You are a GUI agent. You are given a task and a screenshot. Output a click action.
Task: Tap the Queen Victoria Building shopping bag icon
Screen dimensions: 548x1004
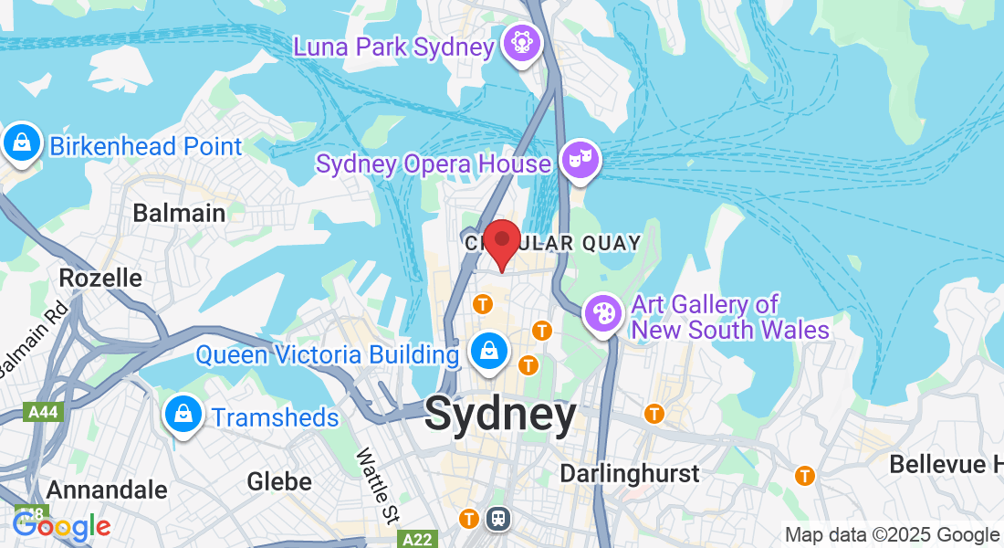pos(489,351)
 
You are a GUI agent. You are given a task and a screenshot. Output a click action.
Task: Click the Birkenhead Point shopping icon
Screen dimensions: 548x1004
pos(20,143)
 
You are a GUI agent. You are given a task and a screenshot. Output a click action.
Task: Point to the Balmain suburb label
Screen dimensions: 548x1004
pos(179,214)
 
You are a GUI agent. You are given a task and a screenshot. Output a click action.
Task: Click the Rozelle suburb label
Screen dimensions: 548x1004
pos(100,278)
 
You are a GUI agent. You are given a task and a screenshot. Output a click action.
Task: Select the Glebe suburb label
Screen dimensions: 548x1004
pos(279,481)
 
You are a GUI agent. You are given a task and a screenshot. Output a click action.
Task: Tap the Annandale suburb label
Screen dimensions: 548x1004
pos(107,490)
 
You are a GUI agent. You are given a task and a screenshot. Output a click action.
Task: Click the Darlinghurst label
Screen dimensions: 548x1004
pos(630,474)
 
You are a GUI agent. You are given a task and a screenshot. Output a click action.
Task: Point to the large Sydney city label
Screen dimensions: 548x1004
pos(501,416)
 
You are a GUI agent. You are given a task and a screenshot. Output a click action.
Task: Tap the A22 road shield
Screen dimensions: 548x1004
pos(419,541)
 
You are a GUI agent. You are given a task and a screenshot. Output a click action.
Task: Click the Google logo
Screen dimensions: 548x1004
pos(61,526)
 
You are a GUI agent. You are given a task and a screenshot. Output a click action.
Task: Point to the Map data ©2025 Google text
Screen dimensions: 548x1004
pos(893,535)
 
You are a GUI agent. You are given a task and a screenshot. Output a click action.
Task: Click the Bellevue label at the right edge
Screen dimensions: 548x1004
pos(946,464)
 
